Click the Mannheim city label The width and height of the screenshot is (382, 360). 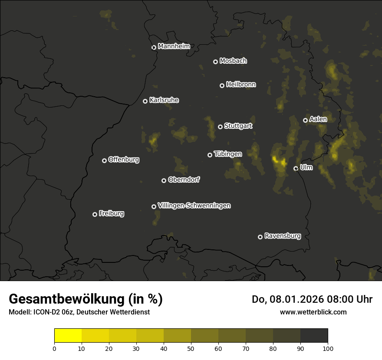tap(174, 46)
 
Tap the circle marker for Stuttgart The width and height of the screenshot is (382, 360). tap(221, 127)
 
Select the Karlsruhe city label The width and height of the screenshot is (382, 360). tap(164, 100)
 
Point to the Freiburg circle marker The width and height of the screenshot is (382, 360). tap(95, 214)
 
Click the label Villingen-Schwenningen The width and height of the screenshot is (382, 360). tap(194, 206)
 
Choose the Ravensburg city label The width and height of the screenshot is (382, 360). tap(283, 236)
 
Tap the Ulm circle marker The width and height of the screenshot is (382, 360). tap(296, 168)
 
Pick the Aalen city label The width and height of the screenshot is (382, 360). tap(318, 119)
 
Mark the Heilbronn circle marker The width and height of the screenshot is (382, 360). tap(222, 85)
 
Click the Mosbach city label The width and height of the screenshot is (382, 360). tap(233, 61)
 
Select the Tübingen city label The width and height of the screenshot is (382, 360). tap(228, 154)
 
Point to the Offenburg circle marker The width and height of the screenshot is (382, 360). tap(105, 160)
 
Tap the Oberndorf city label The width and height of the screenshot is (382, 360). tap(184, 180)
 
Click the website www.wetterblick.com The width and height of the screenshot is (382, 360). tap(313, 312)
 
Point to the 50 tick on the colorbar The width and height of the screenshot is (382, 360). tap(191, 348)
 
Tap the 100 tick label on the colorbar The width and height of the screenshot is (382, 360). tap(328, 348)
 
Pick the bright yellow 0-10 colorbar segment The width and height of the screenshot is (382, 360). tap(68, 336)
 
